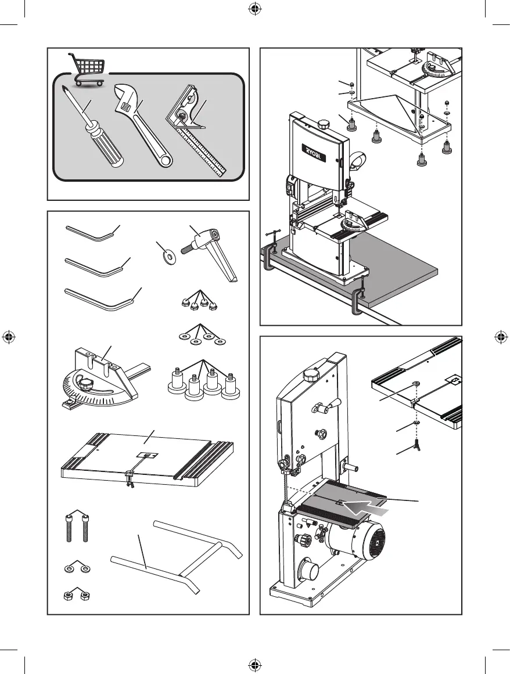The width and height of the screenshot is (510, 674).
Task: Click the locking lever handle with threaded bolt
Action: (210, 243)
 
